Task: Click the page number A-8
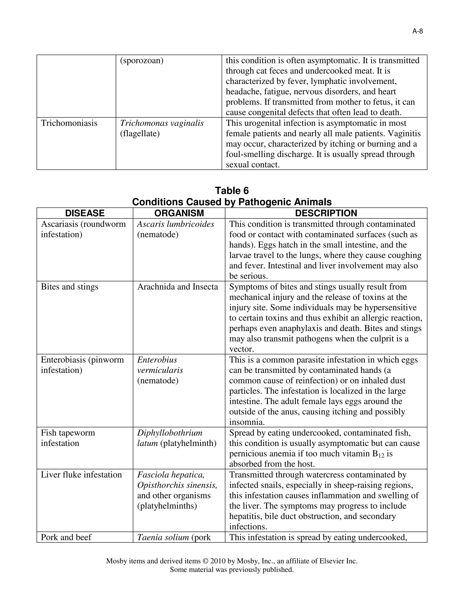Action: [417, 31]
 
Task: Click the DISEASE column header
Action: [85, 213]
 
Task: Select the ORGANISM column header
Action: [179, 213]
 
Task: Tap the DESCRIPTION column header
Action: [326, 213]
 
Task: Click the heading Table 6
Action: [232, 191]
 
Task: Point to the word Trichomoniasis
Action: [69, 123]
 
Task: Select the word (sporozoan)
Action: [142, 61]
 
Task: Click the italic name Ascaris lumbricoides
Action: [175, 224]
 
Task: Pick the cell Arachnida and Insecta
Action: [178, 287]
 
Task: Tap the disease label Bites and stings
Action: [70, 287]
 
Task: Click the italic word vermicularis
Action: [160, 370]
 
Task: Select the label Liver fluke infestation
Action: [81, 475]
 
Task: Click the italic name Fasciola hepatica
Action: [171, 475]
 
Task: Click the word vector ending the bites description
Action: [241, 349]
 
